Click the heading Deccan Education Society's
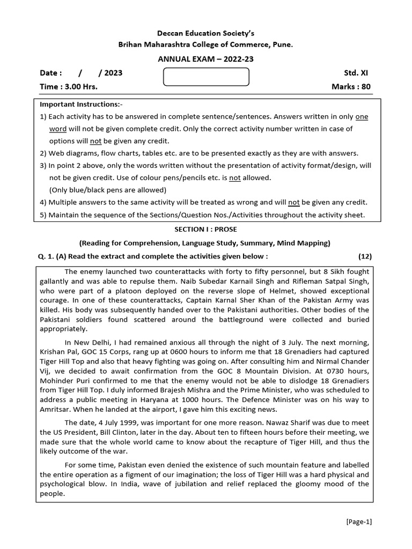205,33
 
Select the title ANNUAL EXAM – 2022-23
205,60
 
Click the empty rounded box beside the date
206,77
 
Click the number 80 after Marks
365,87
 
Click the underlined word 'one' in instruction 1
362,116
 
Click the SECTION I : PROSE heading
205,229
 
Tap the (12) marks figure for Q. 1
365,256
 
